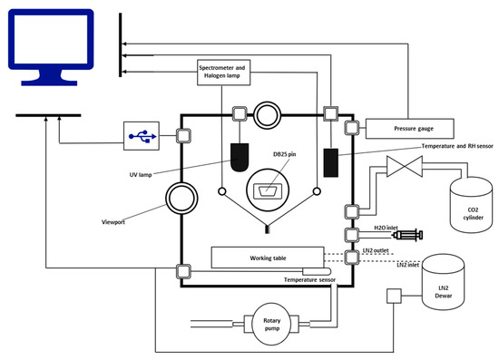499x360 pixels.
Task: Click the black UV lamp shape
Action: (240, 158)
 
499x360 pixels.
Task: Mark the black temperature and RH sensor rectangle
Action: (329, 162)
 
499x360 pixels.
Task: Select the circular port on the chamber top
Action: (269, 113)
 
